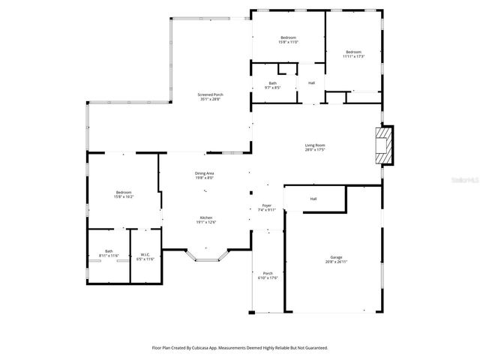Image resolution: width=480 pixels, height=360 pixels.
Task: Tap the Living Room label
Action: pyautogui.click(x=315, y=147)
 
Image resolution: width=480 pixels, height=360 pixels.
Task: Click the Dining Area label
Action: pyautogui.click(x=205, y=175)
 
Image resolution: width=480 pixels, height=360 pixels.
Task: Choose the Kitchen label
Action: pyautogui.click(x=205, y=219)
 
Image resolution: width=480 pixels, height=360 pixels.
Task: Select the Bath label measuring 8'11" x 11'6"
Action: pyautogui.click(x=109, y=253)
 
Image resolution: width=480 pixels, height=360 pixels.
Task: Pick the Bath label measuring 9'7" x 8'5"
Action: pyautogui.click(x=273, y=85)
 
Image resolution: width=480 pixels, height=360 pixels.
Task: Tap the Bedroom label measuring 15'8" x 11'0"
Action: pyautogui.click(x=289, y=40)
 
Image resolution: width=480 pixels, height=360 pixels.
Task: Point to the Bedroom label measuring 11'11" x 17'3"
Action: pyautogui.click(x=353, y=54)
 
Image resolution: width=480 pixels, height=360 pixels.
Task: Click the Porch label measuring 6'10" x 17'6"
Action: pyautogui.click(x=268, y=275)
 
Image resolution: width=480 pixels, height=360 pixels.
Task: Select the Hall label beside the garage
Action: pyautogui.click(x=313, y=199)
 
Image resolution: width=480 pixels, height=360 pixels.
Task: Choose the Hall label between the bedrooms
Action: pyautogui.click(x=311, y=82)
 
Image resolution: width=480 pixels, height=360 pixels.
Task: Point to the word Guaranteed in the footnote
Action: pyautogui.click(x=315, y=348)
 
